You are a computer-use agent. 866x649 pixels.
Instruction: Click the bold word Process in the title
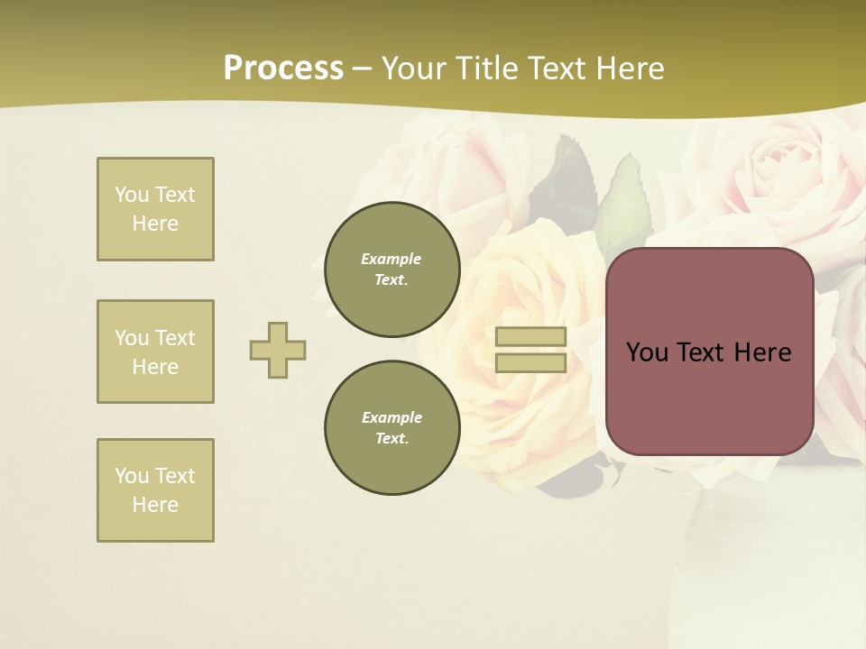[283, 69]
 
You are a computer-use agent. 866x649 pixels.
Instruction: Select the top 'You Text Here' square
[155, 209]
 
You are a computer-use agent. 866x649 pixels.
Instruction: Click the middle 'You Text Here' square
[155, 352]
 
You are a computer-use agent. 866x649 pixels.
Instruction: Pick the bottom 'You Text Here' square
[155, 490]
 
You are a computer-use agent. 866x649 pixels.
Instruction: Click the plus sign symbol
[278, 350]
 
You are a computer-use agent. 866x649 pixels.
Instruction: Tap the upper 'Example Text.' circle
[392, 270]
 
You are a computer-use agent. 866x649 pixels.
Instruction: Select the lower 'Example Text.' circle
[392, 428]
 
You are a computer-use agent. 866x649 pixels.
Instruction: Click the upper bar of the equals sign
[531, 337]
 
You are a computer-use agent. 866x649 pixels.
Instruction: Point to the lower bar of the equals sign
[531, 363]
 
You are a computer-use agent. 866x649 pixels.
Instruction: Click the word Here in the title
[629, 69]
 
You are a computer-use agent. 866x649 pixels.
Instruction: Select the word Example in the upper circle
[392, 259]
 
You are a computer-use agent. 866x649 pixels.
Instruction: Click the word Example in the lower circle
[392, 417]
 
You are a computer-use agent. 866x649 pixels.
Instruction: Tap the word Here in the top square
[155, 224]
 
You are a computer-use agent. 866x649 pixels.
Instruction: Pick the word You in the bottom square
[132, 476]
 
